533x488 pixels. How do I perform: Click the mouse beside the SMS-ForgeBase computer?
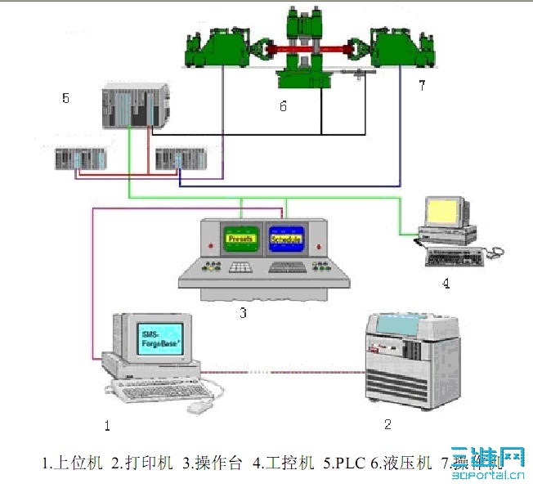[199, 405]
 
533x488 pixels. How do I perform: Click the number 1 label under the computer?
[106, 424]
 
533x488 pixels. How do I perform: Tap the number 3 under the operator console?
[243, 311]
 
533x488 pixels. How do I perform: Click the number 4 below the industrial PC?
[446, 284]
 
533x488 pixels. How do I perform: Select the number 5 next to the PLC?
[66, 98]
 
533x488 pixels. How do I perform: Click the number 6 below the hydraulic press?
[283, 105]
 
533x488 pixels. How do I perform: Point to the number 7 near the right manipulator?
[422, 86]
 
